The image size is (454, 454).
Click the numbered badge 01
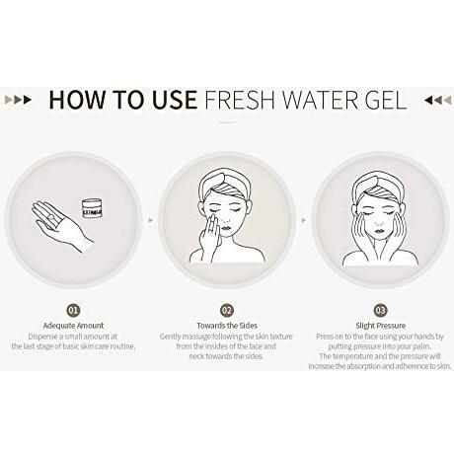point(73,310)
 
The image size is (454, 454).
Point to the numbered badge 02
point(227,310)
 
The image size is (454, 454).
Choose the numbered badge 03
point(380,310)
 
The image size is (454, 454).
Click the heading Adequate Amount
point(73,326)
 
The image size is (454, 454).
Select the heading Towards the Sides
point(227,326)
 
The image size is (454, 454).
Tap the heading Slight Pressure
point(380,326)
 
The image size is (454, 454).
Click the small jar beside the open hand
point(92,207)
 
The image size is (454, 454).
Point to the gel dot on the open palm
point(50,216)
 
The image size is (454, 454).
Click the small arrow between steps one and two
point(151,220)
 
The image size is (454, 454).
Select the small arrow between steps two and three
point(304,220)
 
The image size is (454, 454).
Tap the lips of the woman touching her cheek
point(225,228)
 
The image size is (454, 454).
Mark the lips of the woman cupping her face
point(379,228)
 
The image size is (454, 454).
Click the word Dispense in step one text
point(43,337)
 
